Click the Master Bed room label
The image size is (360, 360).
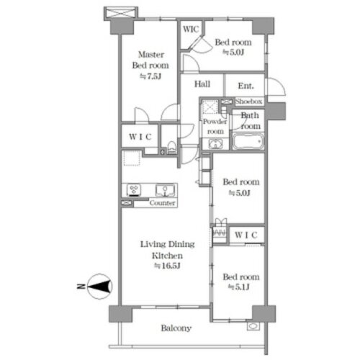tap(150, 60)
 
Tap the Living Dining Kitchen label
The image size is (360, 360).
tap(167, 250)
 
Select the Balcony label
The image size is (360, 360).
tap(176, 328)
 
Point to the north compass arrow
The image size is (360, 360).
tap(99, 287)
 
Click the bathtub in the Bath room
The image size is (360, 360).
tap(248, 142)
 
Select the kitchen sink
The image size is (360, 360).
tap(165, 191)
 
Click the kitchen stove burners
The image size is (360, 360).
tap(134, 190)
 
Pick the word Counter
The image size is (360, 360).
tap(162, 203)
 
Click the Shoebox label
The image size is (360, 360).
tap(248, 102)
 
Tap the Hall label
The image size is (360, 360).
tap(202, 84)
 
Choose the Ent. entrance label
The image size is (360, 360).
tap(246, 86)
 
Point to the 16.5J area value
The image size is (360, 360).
tap(167, 266)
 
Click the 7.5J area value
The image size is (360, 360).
tap(150, 76)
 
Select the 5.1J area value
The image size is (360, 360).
tap(239, 287)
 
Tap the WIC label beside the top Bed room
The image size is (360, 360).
tap(191, 30)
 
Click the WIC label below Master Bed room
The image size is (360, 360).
tap(140, 137)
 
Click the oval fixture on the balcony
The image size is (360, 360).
tap(253, 326)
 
